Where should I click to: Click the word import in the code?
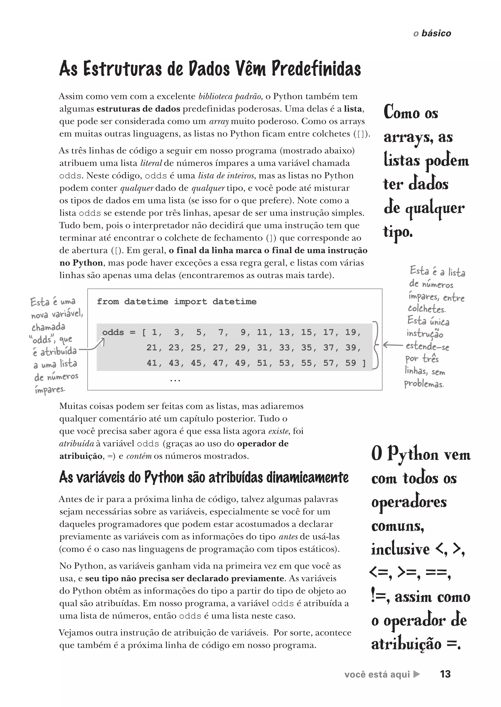click(190, 301)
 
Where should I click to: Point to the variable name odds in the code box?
click(113, 332)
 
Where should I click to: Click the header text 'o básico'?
click(432, 33)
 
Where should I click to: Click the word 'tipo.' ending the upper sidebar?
click(398, 232)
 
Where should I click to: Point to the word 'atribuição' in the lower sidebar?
click(406, 644)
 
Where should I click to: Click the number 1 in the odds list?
click(154, 332)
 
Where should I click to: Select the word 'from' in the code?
click(108, 301)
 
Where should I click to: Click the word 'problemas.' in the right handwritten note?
click(424, 384)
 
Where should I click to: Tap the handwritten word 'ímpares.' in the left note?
click(50, 390)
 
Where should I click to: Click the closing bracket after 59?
click(364, 363)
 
